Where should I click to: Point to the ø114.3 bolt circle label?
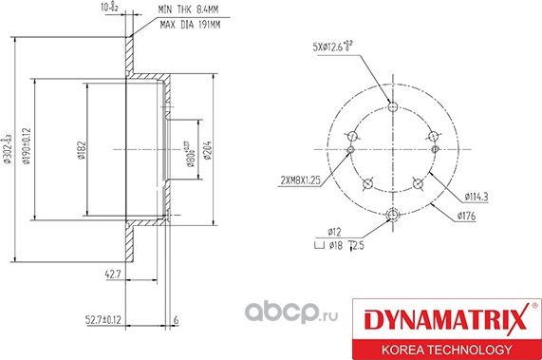477,197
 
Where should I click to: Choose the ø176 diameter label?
466,217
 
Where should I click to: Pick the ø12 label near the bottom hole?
334,232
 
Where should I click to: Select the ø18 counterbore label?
334,245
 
